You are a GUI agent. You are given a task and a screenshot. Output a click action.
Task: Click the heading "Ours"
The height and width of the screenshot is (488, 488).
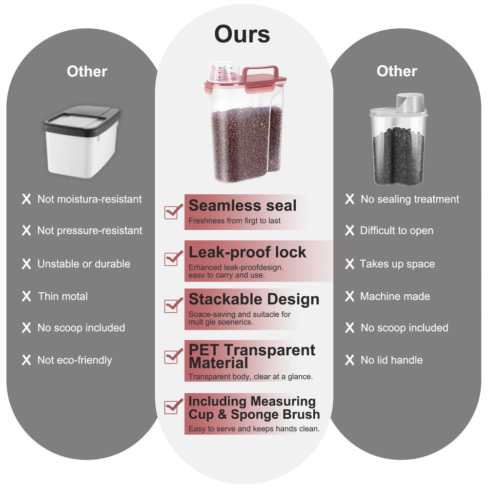pos(242,34)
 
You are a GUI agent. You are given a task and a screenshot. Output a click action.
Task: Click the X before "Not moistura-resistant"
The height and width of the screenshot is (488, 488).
pos(26,199)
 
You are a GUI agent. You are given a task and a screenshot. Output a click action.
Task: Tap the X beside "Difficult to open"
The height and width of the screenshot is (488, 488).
pos(349,230)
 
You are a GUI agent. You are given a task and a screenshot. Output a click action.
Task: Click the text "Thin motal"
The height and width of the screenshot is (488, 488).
pos(63,296)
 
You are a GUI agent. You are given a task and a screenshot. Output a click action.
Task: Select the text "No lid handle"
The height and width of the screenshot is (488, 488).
pos(391,360)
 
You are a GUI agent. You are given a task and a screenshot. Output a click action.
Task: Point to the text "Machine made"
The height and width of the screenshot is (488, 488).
pos(395,296)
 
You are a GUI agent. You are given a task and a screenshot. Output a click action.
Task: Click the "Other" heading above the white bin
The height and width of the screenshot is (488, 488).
pos(87,71)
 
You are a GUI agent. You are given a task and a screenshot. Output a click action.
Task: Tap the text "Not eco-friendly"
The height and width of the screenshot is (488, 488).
pos(75,360)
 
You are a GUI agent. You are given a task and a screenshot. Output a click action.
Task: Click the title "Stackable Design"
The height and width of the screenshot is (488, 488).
pos(254,299)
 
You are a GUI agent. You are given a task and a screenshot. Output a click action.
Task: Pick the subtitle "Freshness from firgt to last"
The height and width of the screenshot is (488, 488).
pos(234,221)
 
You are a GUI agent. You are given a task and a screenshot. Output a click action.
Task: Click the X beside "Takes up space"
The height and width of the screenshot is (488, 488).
pos(349,264)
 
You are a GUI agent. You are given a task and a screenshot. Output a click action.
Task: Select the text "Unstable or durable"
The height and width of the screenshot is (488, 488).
pos(84,264)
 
